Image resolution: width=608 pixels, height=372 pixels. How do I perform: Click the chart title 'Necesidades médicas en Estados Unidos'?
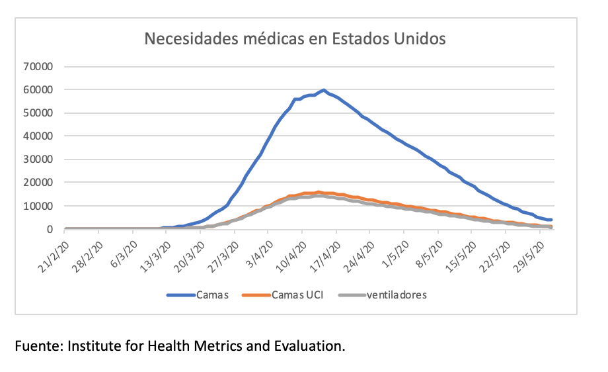coord(295,38)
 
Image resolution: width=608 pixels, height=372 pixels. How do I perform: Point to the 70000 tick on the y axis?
coord(39,66)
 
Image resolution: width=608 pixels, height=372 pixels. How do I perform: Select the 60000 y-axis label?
coord(39,89)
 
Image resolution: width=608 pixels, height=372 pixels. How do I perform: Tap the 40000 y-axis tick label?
coord(39,136)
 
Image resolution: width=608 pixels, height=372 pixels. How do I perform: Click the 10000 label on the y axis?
coord(39,206)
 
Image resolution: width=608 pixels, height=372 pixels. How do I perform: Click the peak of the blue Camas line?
coord(324,90)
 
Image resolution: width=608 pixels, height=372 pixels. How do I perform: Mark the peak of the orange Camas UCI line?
coord(319,192)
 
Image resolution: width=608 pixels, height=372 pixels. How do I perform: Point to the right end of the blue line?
coord(551,220)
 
